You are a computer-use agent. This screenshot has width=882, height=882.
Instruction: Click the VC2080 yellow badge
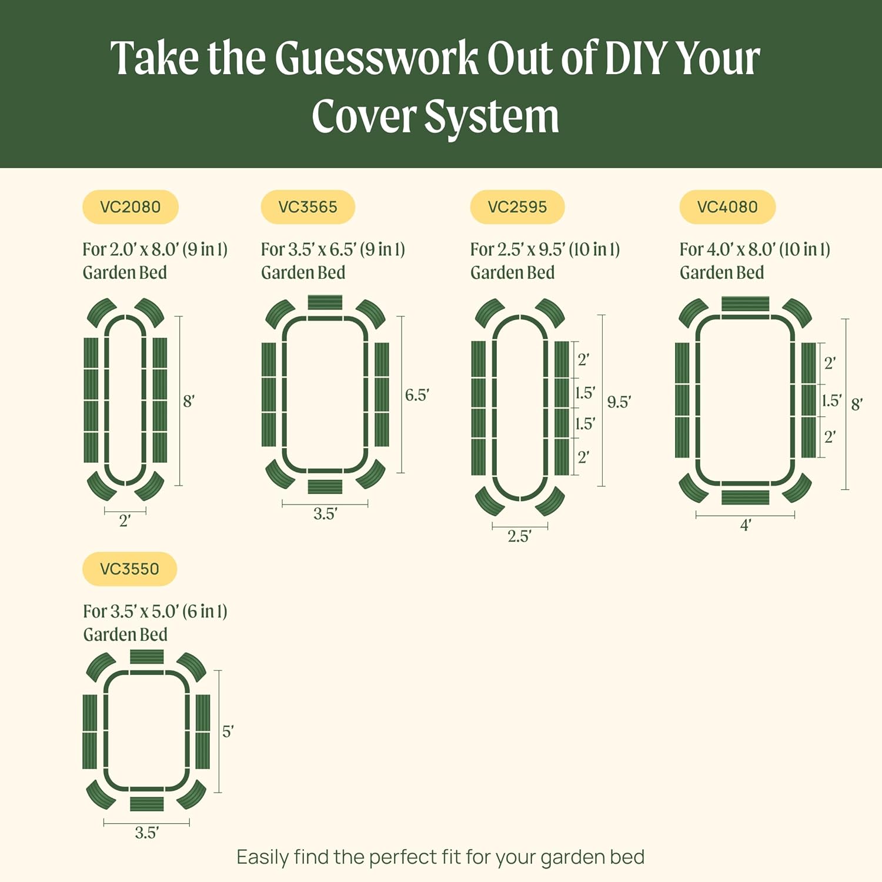130,207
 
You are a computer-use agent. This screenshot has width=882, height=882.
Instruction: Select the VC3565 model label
308,207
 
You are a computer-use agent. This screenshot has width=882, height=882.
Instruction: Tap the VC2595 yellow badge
517,207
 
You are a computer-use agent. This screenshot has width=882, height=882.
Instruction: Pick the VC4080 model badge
727,207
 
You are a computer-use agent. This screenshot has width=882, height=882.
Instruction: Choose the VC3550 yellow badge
129,569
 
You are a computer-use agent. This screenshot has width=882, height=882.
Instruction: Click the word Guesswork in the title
376,59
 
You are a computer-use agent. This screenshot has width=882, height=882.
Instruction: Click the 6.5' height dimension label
417,395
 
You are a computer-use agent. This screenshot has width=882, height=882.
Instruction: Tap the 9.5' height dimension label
619,402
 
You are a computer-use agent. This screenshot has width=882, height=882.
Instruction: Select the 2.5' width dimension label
519,536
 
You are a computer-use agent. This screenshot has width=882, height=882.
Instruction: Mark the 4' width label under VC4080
746,525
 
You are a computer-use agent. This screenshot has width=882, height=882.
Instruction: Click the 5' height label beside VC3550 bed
228,731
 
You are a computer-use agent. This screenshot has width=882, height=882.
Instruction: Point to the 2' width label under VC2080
125,521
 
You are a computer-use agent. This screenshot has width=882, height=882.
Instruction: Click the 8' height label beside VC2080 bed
188,402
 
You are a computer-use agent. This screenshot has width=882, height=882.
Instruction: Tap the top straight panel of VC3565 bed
325,303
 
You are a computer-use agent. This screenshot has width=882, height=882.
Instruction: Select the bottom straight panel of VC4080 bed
745,497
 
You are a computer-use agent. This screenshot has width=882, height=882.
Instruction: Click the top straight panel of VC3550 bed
146,657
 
